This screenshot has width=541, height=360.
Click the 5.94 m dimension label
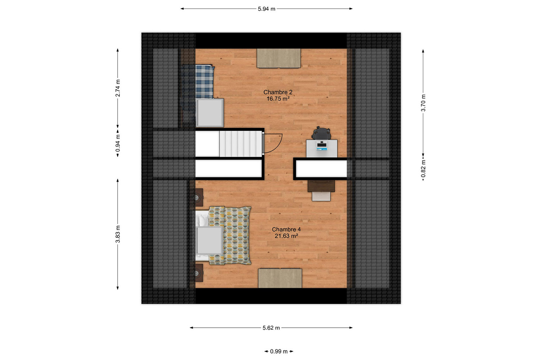tap(266, 9)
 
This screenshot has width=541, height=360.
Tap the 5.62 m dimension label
tap(271, 328)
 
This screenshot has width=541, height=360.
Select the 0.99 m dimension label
tap(279, 351)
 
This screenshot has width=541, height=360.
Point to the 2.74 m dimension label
tap(118, 88)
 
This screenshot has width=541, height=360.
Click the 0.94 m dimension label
tap(118, 143)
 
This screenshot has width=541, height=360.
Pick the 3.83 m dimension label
tap(118, 234)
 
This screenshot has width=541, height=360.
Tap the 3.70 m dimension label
tap(423, 103)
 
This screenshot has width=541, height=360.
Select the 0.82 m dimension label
tap(423, 169)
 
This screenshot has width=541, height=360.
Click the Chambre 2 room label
tap(278, 92)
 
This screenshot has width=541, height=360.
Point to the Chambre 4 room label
tap(286, 229)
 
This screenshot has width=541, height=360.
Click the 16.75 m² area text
tap(278, 99)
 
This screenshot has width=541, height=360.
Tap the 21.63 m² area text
tap(286, 236)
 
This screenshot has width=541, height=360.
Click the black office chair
tap(321, 133)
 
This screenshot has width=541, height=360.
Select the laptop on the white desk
tap(322, 145)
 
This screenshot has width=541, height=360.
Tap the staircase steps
tap(241, 144)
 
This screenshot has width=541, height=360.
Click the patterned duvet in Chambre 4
tap(230, 235)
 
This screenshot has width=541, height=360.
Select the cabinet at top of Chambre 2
tap(279, 58)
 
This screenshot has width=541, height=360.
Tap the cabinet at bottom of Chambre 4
tap(280, 278)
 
